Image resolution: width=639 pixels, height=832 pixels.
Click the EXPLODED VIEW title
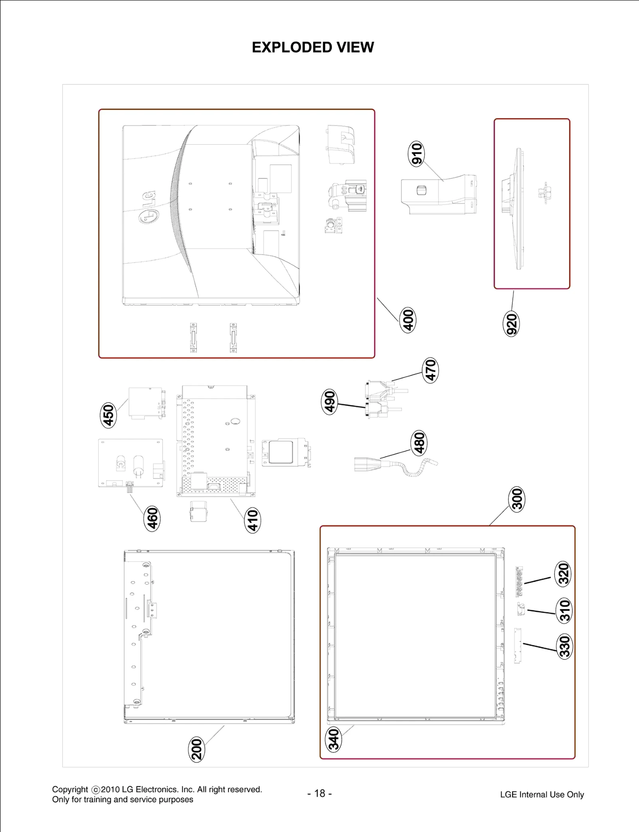pyautogui.click(x=313, y=47)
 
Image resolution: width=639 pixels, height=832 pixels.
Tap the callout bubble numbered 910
pyautogui.click(x=417, y=154)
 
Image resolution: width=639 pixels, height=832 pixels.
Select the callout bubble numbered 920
pyautogui.click(x=511, y=324)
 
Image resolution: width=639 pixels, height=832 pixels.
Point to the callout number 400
pyautogui.click(x=408, y=320)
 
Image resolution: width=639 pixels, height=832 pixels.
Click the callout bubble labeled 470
pyautogui.click(x=430, y=370)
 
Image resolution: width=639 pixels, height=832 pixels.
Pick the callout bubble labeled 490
pyautogui.click(x=329, y=402)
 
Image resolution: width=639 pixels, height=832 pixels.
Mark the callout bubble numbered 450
pyautogui.click(x=108, y=415)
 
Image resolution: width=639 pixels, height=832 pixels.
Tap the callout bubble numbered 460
pyautogui.click(x=152, y=518)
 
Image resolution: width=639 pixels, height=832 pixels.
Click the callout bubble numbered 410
pyautogui.click(x=252, y=520)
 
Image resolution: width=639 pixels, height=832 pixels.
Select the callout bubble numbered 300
pyautogui.click(x=517, y=499)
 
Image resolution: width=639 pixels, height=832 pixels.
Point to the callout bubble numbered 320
pyautogui.click(x=564, y=574)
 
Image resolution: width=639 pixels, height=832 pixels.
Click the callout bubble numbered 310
pyautogui.click(x=564, y=610)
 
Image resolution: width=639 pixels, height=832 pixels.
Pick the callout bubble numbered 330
pyautogui.click(x=564, y=646)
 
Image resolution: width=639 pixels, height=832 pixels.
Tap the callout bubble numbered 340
pyautogui.click(x=334, y=739)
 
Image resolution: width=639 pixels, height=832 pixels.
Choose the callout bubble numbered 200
pyautogui.click(x=196, y=749)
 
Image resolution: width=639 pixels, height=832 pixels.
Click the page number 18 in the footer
pyautogui.click(x=319, y=793)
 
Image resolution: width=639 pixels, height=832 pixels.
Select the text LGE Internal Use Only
pyautogui.click(x=542, y=794)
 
